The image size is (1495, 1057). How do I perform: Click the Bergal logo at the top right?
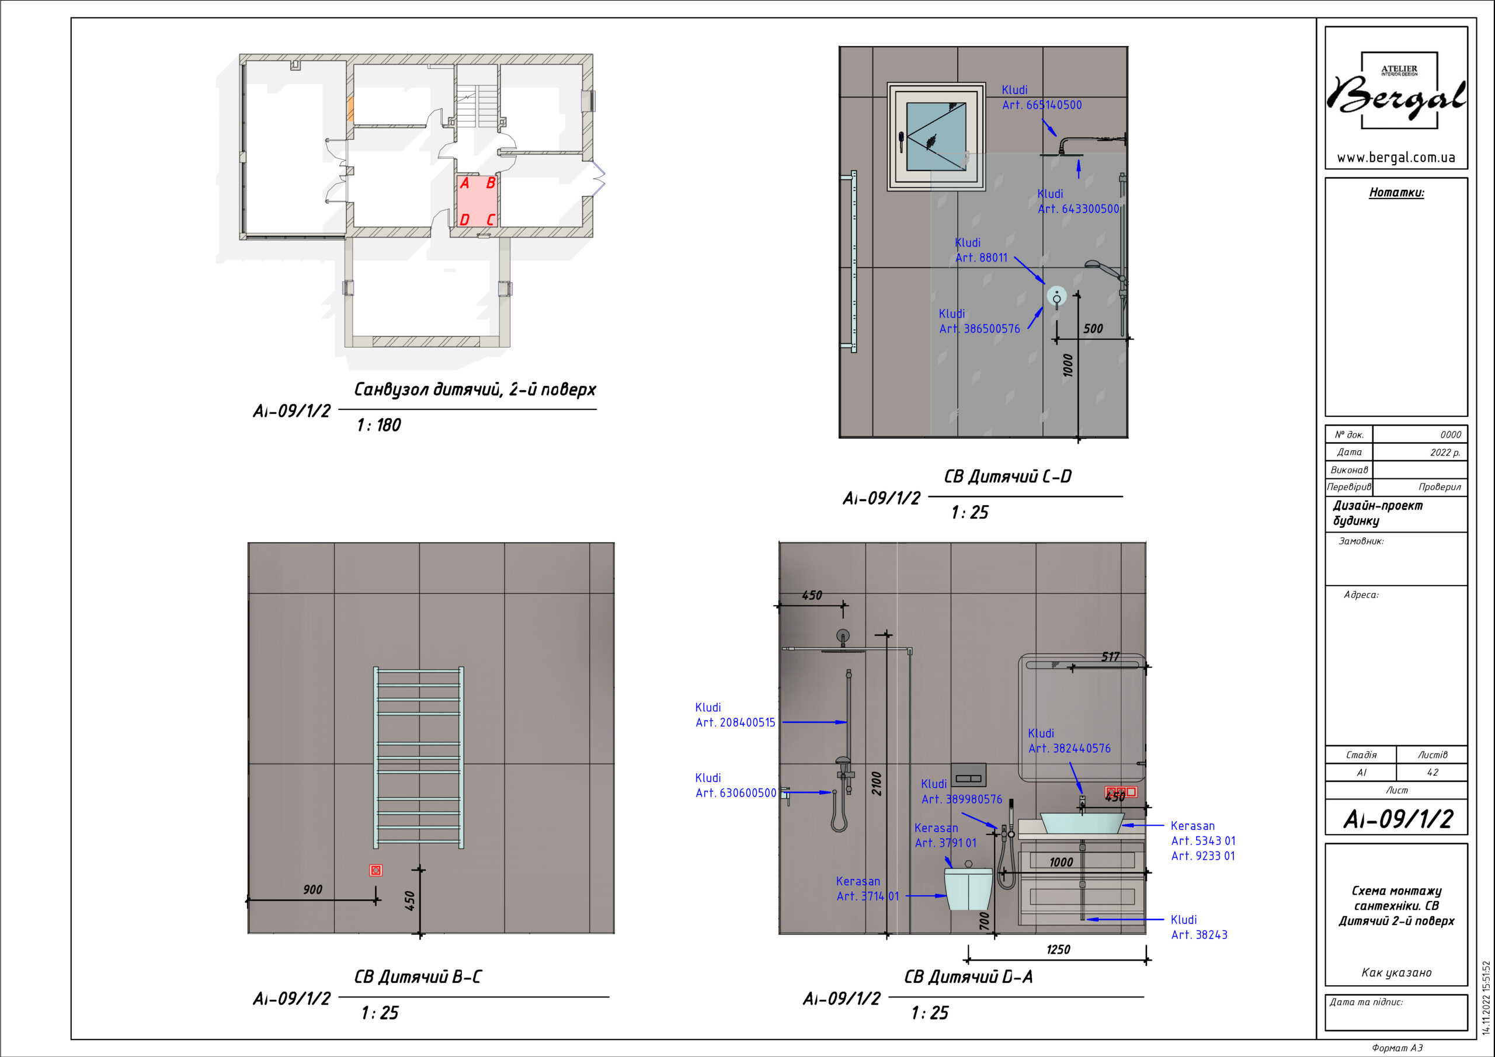pyautogui.click(x=1397, y=91)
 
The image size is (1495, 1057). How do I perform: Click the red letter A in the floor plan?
pyautogui.click(x=464, y=183)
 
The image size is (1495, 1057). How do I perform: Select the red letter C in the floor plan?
pyautogui.click(x=491, y=220)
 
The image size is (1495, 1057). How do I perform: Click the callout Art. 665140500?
pyautogui.click(x=1042, y=105)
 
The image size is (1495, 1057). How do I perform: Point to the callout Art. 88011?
pyautogui.click(x=981, y=258)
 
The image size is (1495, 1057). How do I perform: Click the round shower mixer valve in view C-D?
pyautogui.click(x=1056, y=296)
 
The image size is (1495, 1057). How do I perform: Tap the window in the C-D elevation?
pyautogui.click(x=936, y=136)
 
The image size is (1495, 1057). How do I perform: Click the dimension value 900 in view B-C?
pyautogui.click(x=312, y=889)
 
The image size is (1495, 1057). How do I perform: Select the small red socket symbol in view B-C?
pyautogui.click(x=376, y=870)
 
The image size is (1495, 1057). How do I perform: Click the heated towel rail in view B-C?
pyautogui.click(x=419, y=757)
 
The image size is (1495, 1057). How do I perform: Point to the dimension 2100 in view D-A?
pyautogui.click(x=877, y=784)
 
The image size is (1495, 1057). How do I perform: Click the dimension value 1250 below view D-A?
pyautogui.click(x=1058, y=950)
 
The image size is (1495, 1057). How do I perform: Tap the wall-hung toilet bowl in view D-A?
pyautogui.click(x=968, y=887)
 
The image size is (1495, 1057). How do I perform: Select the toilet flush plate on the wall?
pyautogui.click(x=968, y=775)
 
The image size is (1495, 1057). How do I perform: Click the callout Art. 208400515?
pyautogui.click(x=735, y=722)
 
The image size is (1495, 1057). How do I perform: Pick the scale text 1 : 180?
pyautogui.click(x=379, y=425)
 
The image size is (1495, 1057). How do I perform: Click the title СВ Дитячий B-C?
pyautogui.click(x=418, y=977)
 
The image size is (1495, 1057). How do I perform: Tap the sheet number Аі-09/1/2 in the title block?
pyautogui.click(x=1398, y=819)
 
